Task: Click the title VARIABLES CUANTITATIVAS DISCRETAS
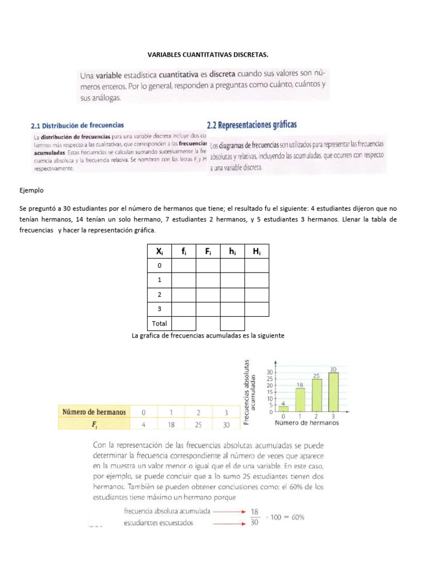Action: coord(208,55)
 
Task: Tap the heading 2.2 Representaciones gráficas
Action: coord(252,125)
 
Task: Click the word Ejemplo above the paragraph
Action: coord(31,191)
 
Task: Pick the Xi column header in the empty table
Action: coord(159,251)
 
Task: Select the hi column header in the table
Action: coord(232,251)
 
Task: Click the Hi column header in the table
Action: coord(256,251)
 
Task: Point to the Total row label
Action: coord(159,323)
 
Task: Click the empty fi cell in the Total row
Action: coord(183,323)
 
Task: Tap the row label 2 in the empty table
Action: coord(159,295)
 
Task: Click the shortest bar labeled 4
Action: coord(283,409)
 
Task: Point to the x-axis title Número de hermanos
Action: coord(307,423)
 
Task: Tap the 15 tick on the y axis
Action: coord(270,392)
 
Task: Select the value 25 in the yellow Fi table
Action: coord(197,425)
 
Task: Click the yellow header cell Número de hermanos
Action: coord(94,412)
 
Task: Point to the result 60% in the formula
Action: coord(295,517)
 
